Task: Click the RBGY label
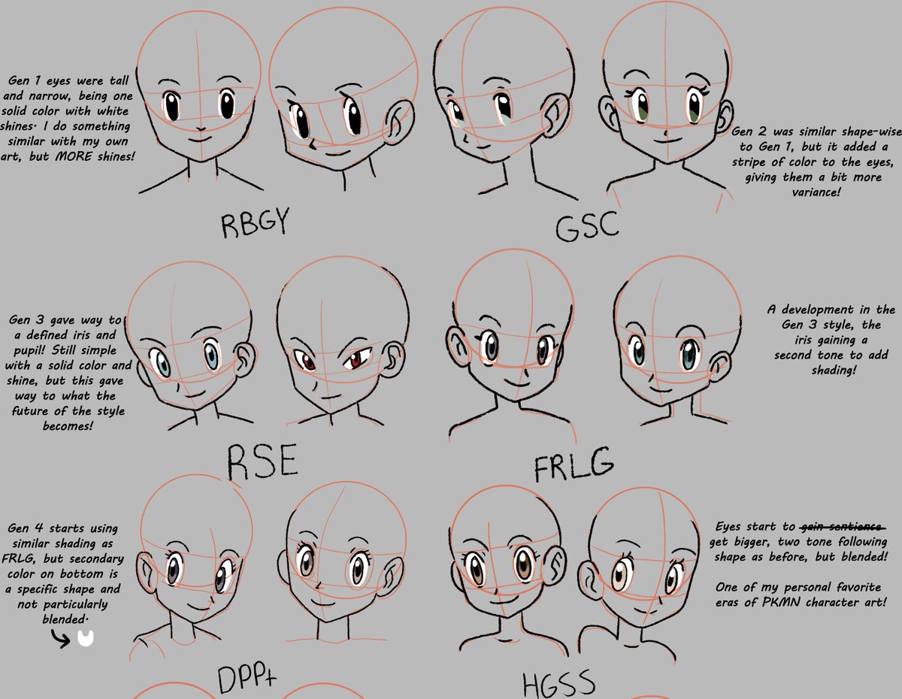click(255, 224)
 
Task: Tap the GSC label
click(586, 225)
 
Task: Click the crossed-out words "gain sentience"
click(842, 528)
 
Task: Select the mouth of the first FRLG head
click(518, 380)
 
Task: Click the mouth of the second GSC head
click(665, 138)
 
